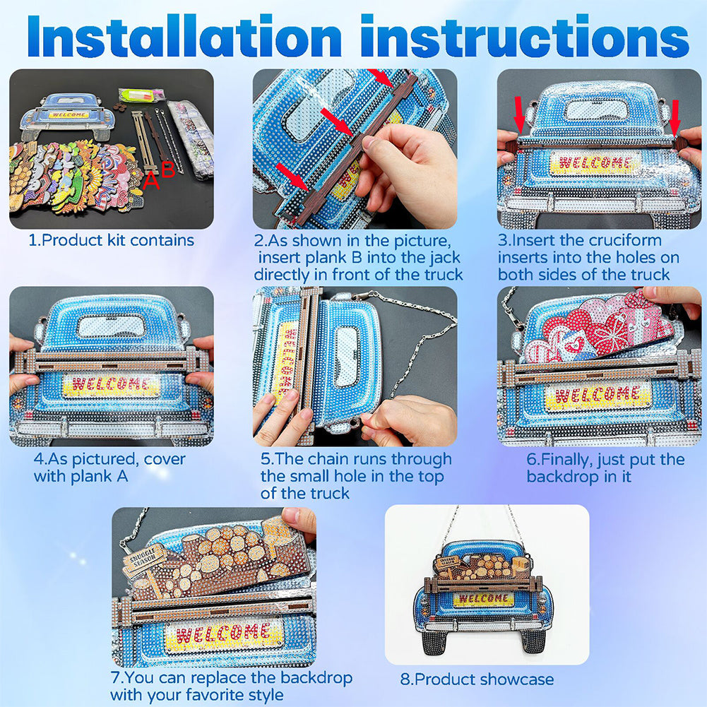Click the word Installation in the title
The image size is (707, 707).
coord(184,36)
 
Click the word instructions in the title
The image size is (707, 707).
coord(525,36)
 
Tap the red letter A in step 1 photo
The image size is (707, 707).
coord(151,182)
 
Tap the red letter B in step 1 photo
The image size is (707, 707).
coord(167,170)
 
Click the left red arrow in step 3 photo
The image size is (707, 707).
coord(519,114)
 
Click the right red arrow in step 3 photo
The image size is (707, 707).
coord(675,118)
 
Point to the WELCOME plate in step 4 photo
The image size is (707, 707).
coord(111,385)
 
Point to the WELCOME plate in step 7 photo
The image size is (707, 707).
coord(224,634)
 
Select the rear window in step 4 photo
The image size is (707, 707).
coord(112,326)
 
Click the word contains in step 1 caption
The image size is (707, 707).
coord(162,240)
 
